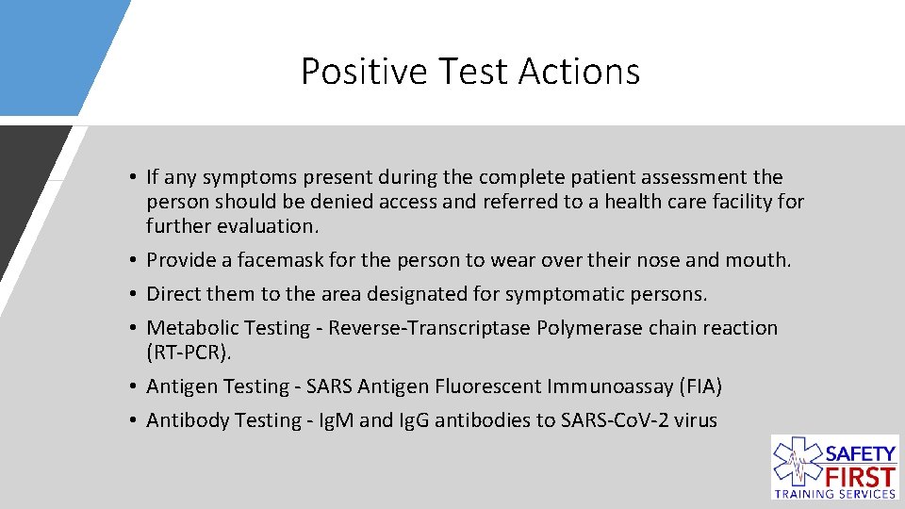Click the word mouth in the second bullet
point(760,260)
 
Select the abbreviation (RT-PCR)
point(188,353)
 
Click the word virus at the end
point(696,420)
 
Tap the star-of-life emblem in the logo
point(797,463)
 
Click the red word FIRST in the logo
point(859,474)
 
